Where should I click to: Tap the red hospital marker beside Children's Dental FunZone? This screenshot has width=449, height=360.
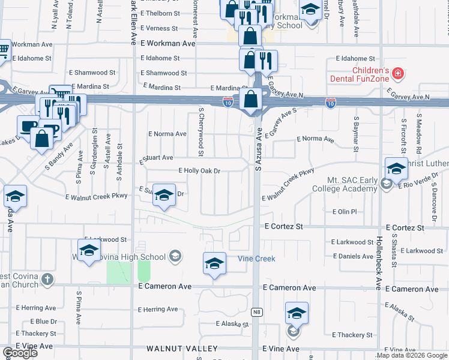(397, 74)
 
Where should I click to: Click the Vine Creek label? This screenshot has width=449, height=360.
(256, 259)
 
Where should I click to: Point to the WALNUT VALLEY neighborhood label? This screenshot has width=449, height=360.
(182, 349)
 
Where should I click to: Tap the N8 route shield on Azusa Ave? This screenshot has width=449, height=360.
(257, 312)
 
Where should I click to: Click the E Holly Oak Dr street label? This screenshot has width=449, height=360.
(199, 171)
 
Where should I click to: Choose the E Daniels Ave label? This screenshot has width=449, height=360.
(352, 256)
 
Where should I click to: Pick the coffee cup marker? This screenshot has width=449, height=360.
(28, 125)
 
